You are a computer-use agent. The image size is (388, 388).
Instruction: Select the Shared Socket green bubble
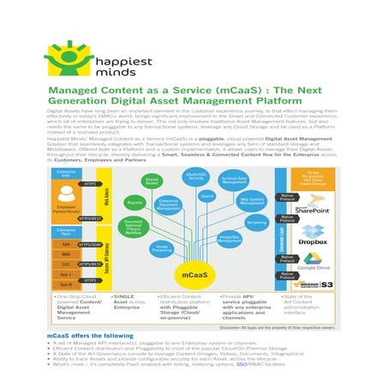pos(151,181)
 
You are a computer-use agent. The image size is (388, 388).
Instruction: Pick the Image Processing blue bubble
pos(162,248)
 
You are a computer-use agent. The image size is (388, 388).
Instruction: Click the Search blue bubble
pos(206,196)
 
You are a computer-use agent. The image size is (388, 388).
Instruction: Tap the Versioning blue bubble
pos(255,223)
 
